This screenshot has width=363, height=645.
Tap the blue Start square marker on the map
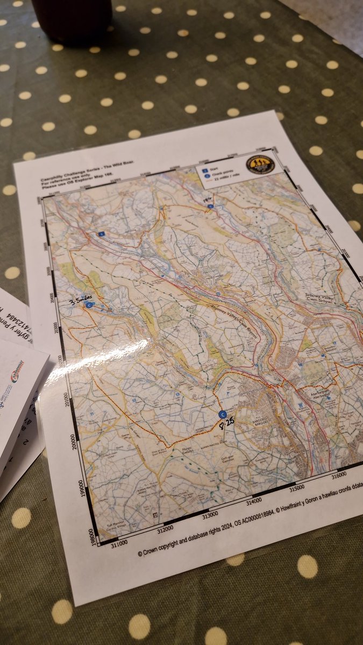[x=101, y=234]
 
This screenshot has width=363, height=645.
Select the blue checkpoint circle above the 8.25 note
[x=223, y=414]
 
